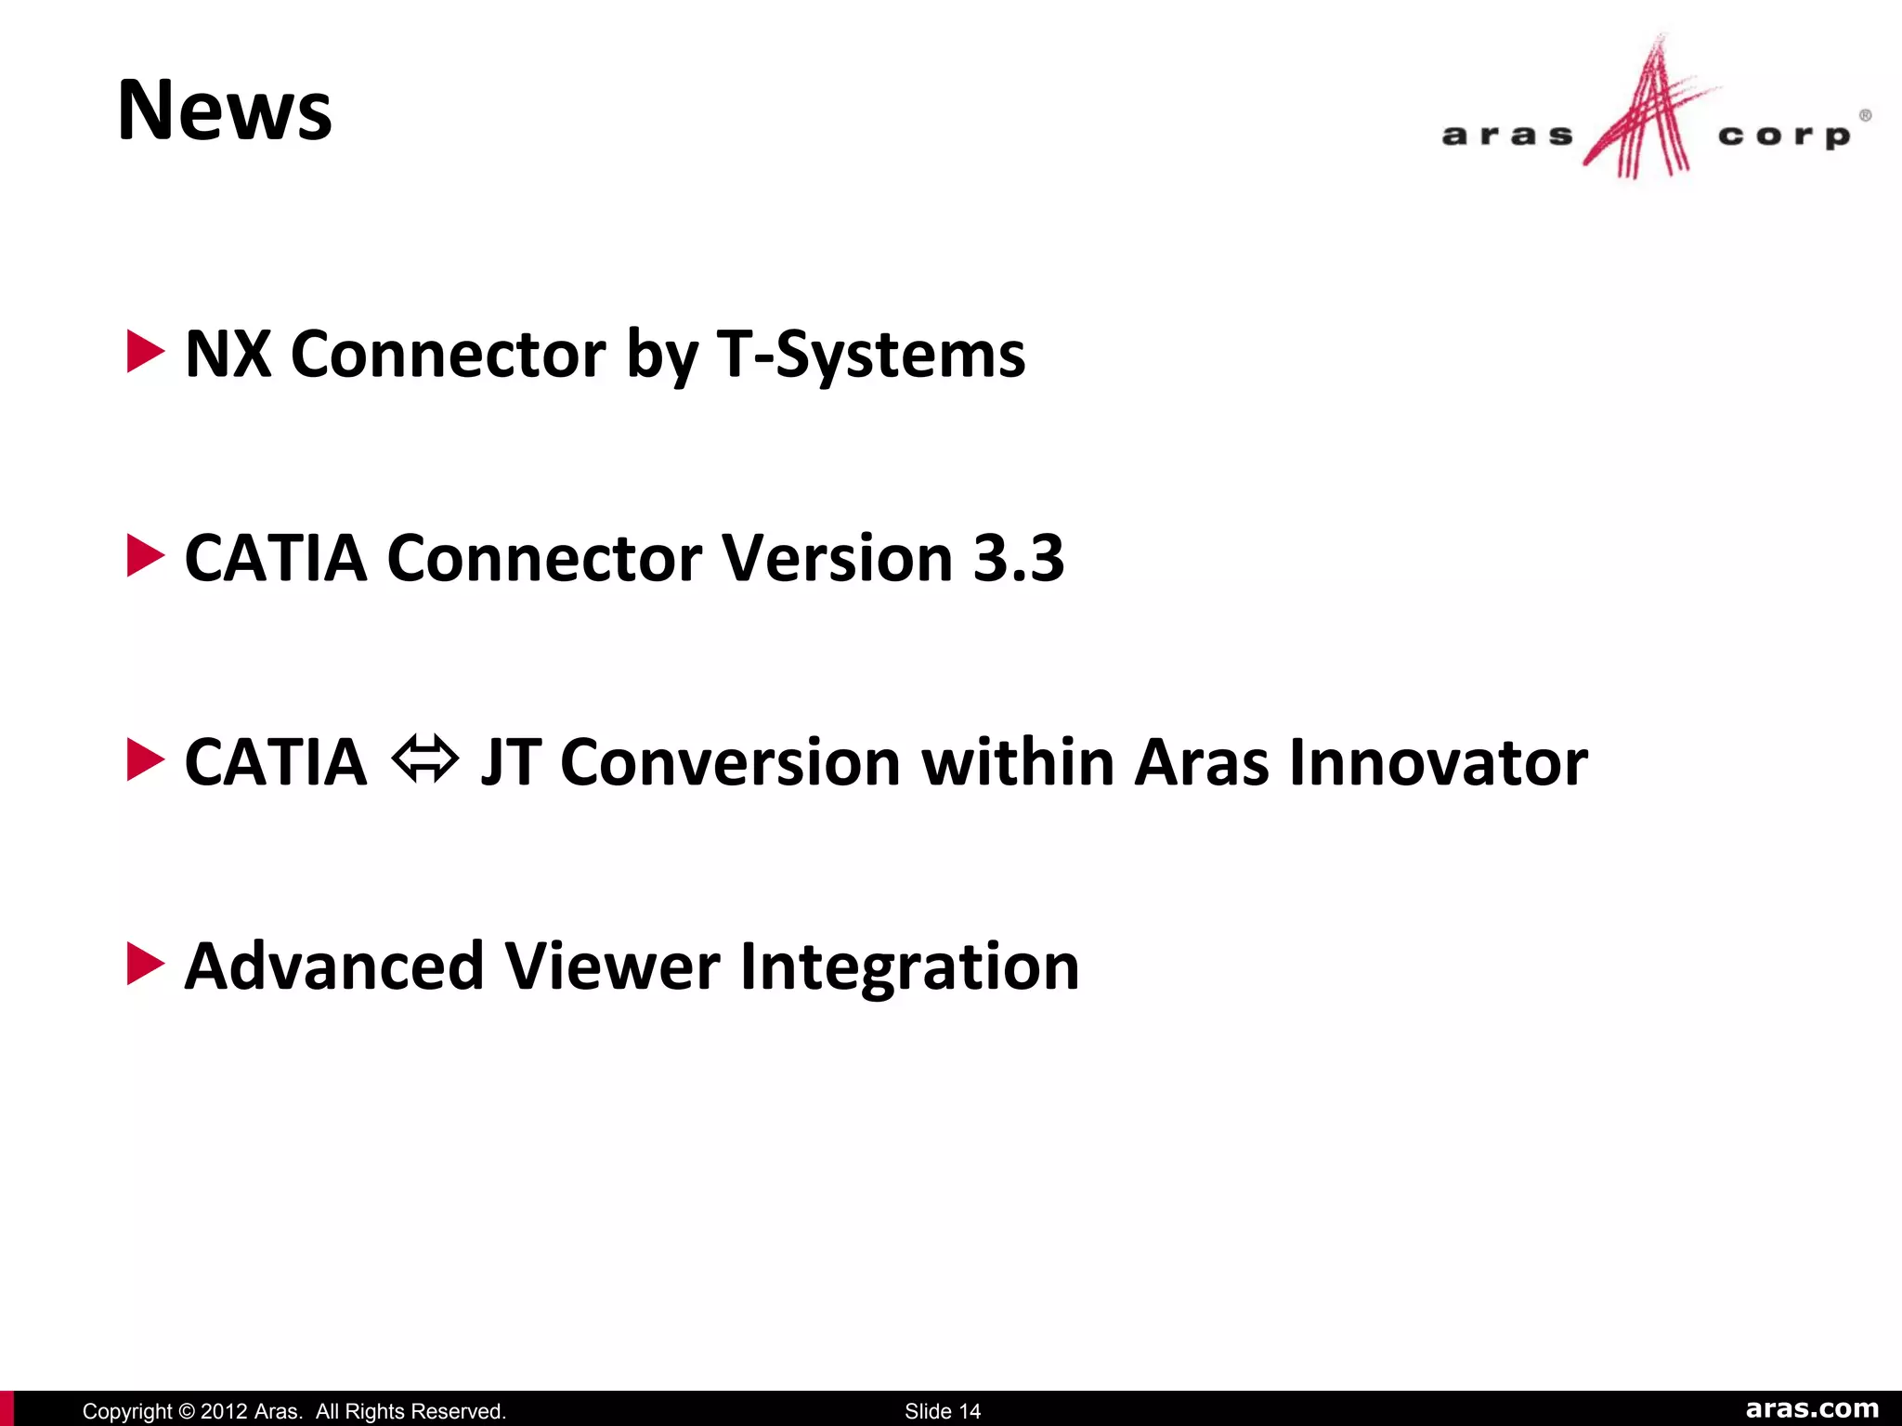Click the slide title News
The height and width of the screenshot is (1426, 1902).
coord(225,110)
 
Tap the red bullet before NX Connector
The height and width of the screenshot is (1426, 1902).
coord(145,352)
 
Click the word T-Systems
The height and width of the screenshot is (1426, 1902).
coord(871,355)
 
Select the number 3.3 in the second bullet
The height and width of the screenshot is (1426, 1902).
coord(1019,558)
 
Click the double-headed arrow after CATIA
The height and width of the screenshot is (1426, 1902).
coord(424,758)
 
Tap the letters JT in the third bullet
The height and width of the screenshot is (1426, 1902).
coord(510,762)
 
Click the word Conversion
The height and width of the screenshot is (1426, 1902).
coord(730,762)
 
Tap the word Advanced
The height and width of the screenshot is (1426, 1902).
coord(334,966)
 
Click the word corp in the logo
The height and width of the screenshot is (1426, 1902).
coord(1784,136)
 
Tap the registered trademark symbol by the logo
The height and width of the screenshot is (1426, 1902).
coord(1865,116)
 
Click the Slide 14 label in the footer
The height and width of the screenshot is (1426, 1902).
coord(943,1411)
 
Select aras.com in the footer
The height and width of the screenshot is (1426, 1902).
coord(1812,1408)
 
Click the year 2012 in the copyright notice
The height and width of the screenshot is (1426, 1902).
coord(224,1411)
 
